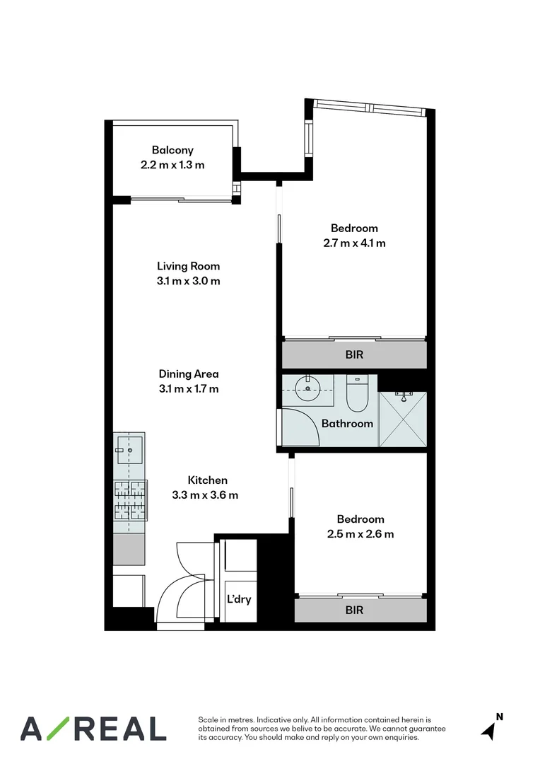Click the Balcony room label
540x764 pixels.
pos(172,150)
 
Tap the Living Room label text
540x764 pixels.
pos(188,267)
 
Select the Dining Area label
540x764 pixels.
pos(188,374)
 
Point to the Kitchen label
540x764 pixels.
pos(207,480)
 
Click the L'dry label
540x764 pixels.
pos(239,599)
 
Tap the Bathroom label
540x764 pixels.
pos(347,424)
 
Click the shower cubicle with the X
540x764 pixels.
pos(403,419)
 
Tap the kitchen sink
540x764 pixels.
pos(130,449)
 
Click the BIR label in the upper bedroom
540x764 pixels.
pos(354,354)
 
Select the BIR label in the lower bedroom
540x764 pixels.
pos(354,609)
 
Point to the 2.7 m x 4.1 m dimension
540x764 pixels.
pos(354,243)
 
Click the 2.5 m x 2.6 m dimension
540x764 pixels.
pos(360,534)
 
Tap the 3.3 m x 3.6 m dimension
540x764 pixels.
pos(205,495)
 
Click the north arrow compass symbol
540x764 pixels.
pos(490,728)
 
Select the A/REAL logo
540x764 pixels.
pos(93,728)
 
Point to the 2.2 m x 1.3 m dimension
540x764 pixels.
pos(172,165)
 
